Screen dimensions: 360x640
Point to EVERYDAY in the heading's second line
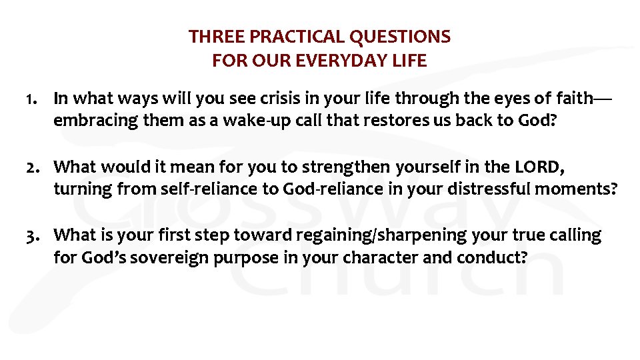tap(343, 61)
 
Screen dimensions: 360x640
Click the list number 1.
tap(30, 99)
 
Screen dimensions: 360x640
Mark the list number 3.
tap(30, 235)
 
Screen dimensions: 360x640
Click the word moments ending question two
tap(579, 189)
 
